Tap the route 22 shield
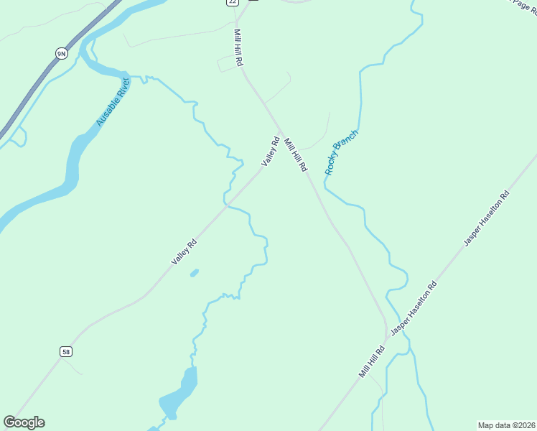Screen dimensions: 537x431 coord(231,2)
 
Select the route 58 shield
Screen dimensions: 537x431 coord(66,351)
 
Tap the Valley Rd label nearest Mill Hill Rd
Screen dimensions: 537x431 coord(270,152)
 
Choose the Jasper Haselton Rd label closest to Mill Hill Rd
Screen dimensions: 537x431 coord(413,308)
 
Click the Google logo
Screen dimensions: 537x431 coord(24,422)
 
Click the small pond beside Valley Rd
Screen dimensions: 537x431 coord(194,273)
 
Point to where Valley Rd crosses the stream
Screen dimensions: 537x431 coord(228,205)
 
